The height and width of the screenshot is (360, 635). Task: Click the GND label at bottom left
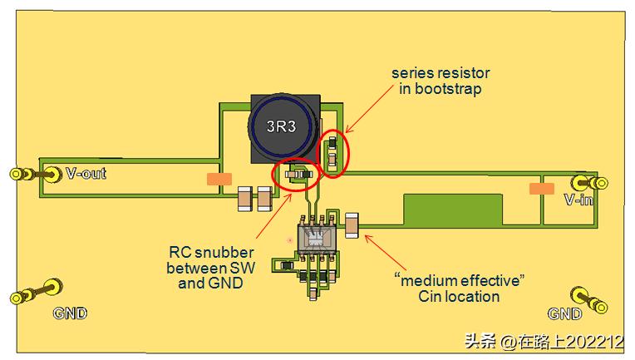70,313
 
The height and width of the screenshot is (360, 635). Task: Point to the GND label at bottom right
564,313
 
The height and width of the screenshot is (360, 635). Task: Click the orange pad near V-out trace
219,178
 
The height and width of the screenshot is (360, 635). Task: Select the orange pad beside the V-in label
541,189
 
